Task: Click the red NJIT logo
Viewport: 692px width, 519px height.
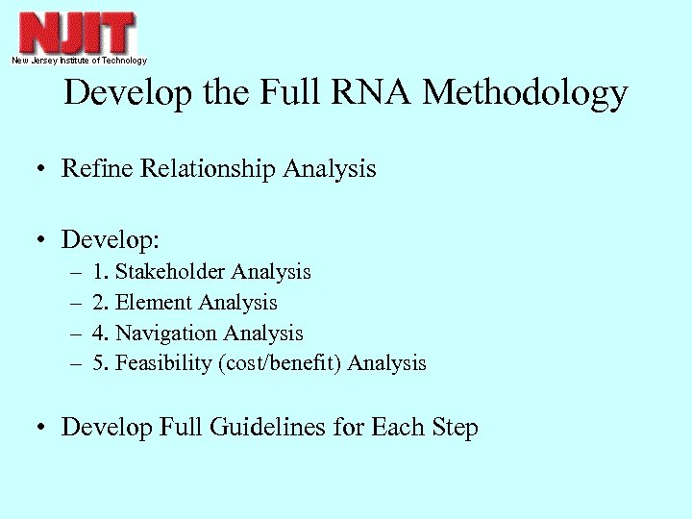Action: [77, 33]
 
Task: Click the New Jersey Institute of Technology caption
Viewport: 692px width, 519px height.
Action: [79, 61]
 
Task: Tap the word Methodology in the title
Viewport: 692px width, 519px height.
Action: [525, 93]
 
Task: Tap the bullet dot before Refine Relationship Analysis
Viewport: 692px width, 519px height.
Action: [43, 170]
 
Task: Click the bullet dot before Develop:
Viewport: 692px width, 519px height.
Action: [43, 236]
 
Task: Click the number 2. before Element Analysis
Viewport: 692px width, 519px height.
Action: [101, 303]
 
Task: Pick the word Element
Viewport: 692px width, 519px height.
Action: [154, 303]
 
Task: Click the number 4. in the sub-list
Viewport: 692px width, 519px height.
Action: [101, 334]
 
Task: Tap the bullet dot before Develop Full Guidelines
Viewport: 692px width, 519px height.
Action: [43, 428]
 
